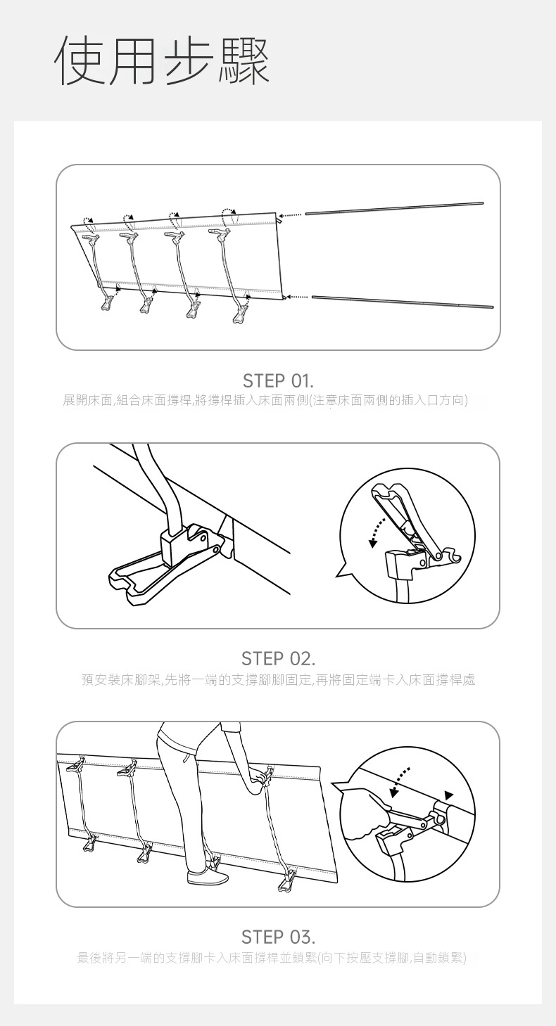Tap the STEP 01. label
pos(278,380)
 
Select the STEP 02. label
pos(278,659)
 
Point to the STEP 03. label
pos(278,937)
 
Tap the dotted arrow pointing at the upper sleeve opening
pos(291,214)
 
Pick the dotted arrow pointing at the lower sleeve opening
pos(298,297)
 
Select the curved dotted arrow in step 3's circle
pos(398,782)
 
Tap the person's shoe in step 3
pos(207,877)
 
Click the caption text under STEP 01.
pos(265,400)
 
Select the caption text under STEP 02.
pos(278,680)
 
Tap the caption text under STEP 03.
pos(272,957)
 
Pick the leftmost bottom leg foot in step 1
pos(107,303)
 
